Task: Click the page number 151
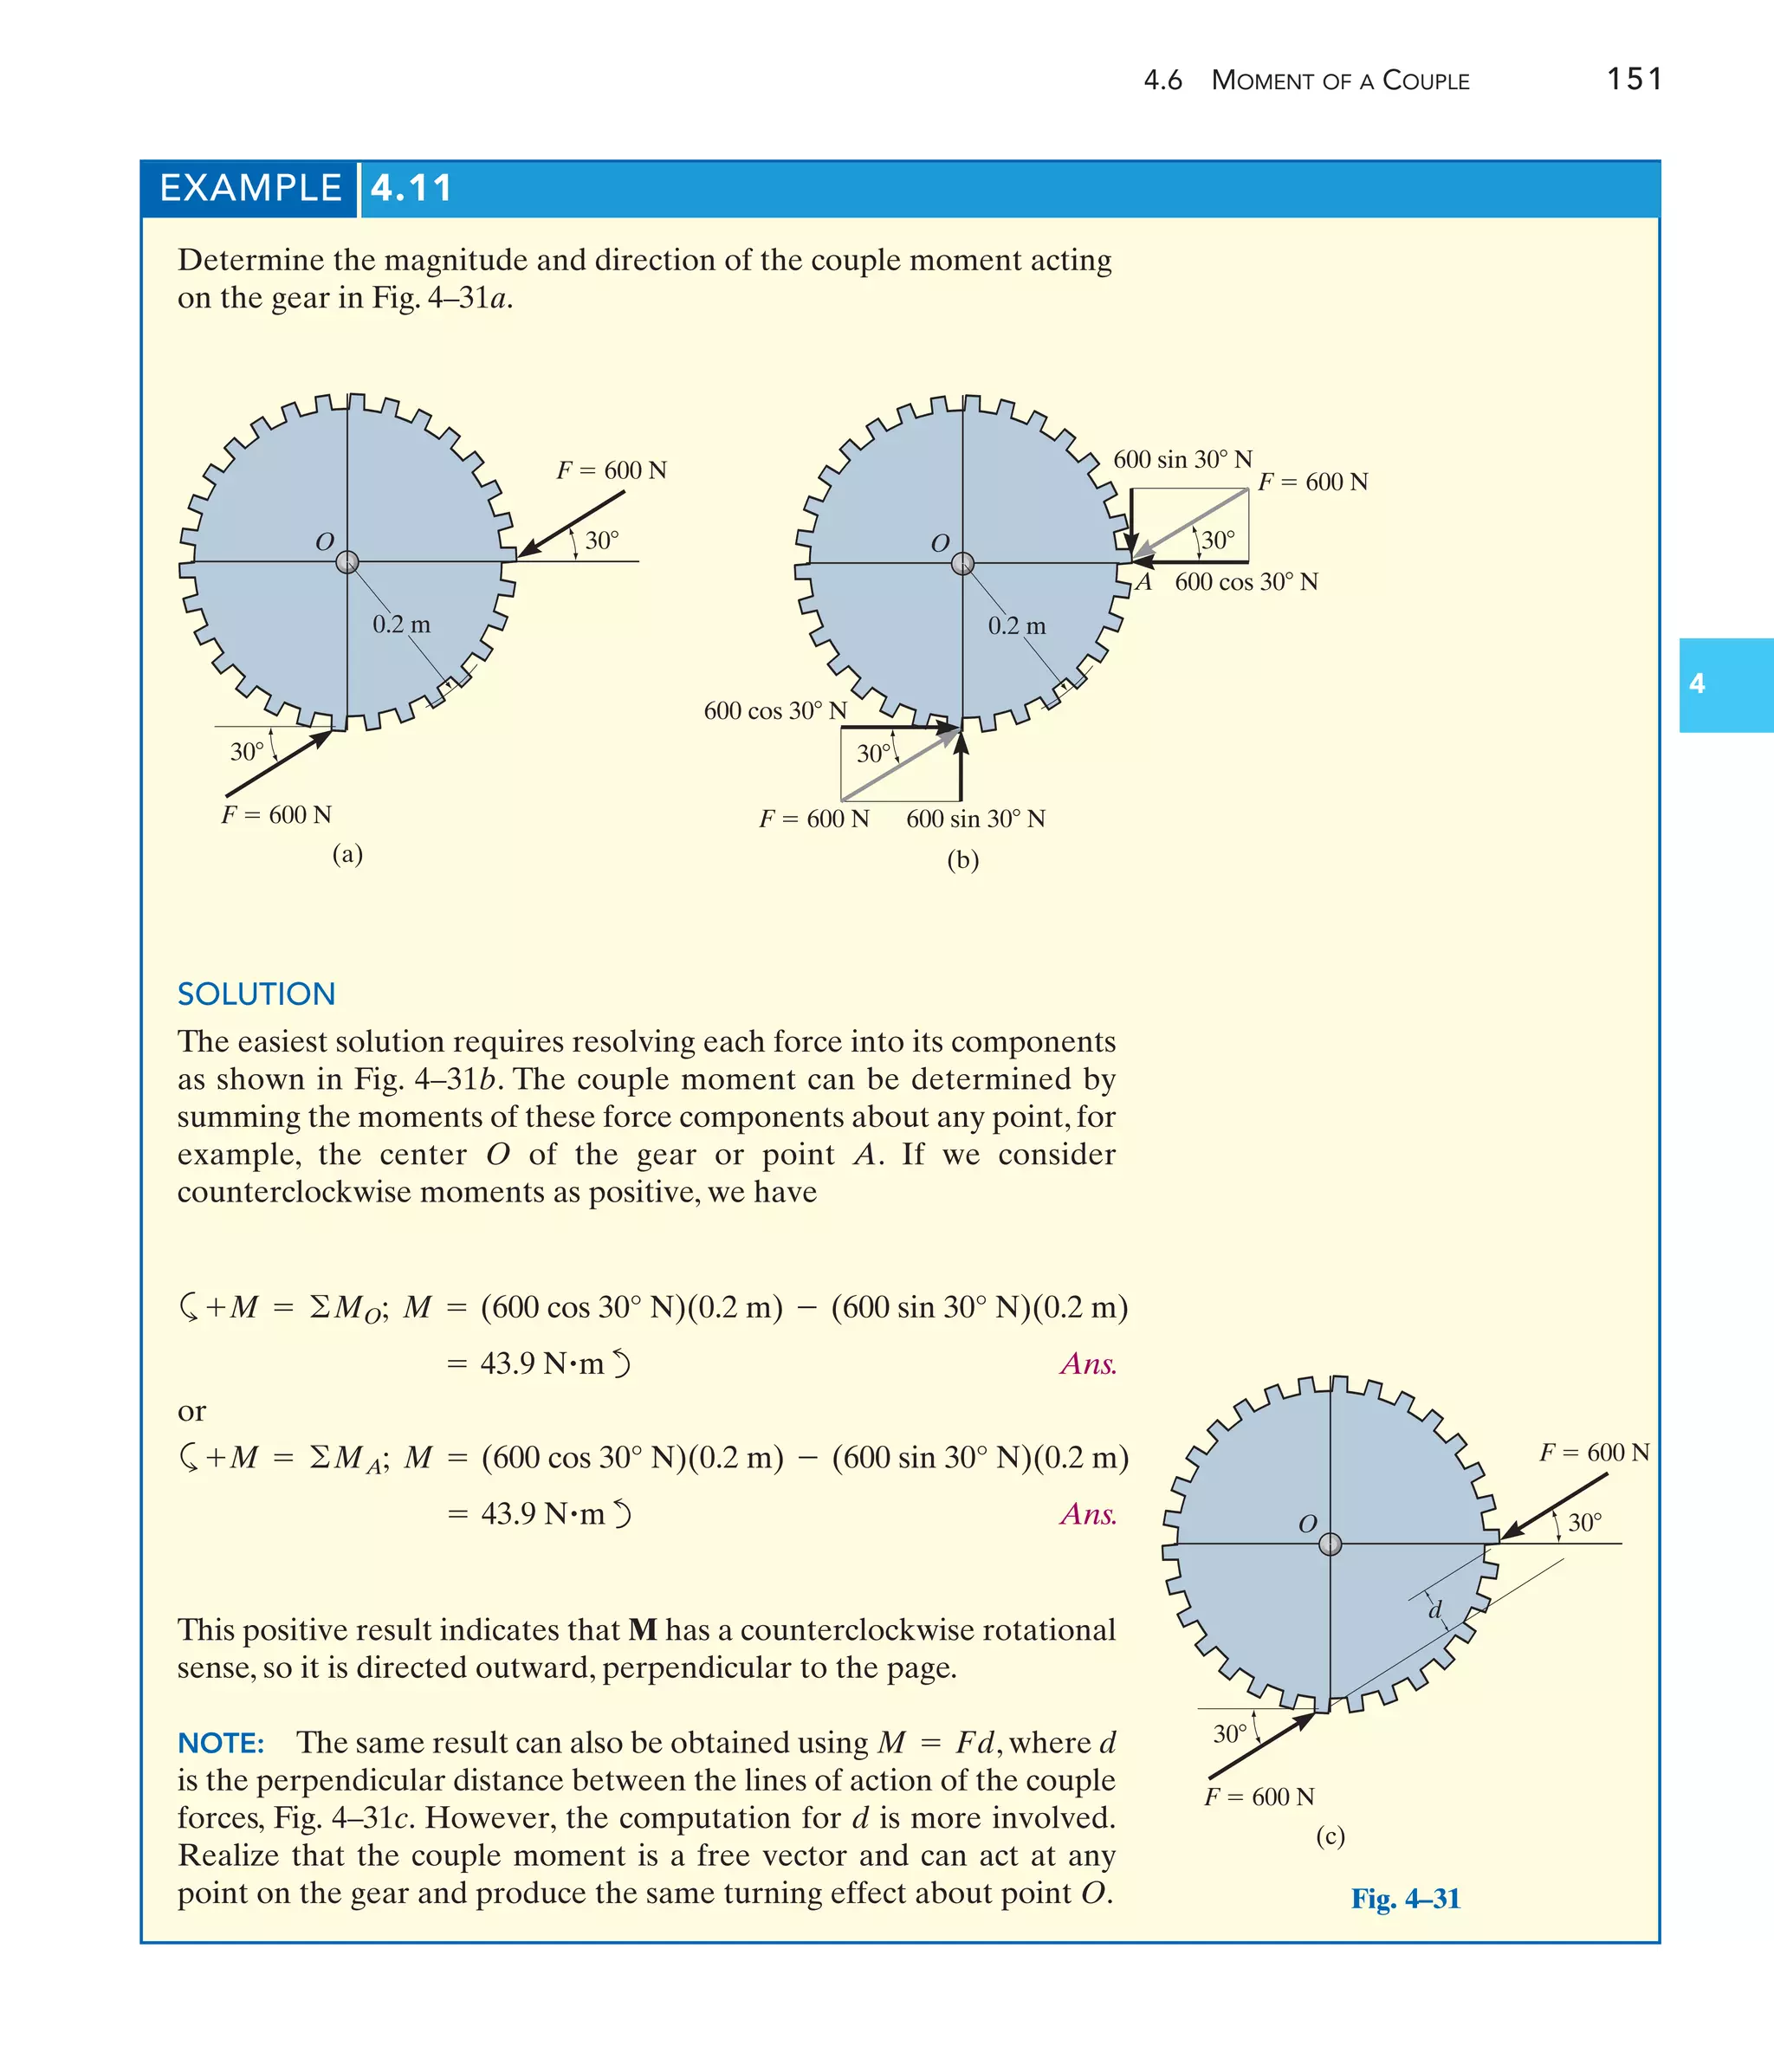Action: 1634,79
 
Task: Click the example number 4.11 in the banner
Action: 411,188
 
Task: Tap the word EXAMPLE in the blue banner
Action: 250,188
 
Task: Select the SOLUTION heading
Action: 256,994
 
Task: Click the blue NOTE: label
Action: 221,1743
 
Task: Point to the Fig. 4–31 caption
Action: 1405,1899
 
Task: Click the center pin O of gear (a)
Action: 346,562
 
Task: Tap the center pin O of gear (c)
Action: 1330,1544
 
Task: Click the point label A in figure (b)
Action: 1144,582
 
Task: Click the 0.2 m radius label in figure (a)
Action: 402,625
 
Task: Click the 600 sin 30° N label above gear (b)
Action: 1182,459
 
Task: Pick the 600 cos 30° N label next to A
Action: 1246,582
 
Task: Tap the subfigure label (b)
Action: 962,859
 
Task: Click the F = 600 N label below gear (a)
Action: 276,815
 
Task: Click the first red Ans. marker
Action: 1088,1363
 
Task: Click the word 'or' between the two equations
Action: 191,1411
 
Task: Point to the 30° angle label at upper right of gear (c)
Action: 1584,1523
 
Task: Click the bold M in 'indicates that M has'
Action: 643,1629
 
